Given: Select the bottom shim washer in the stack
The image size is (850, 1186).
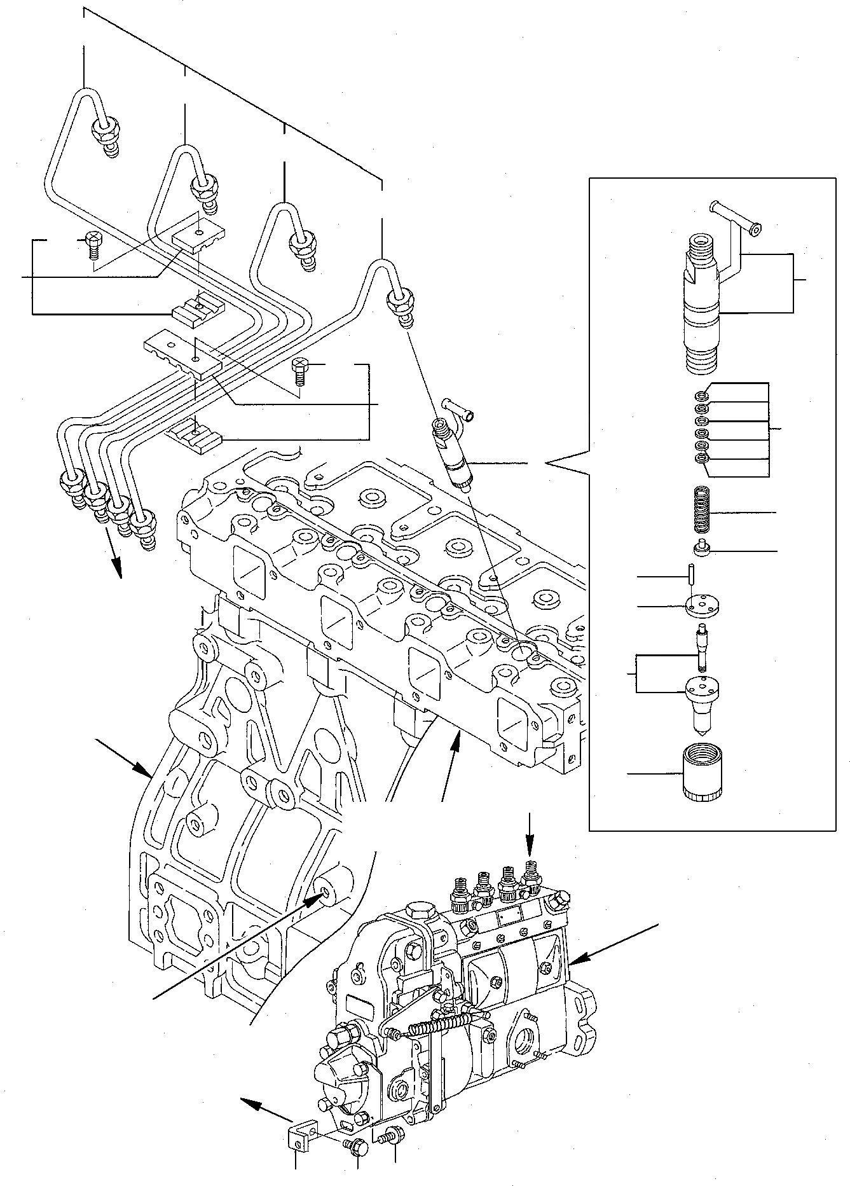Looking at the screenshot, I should [x=700, y=459].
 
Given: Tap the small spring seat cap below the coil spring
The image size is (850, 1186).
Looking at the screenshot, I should [x=701, y=548].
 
